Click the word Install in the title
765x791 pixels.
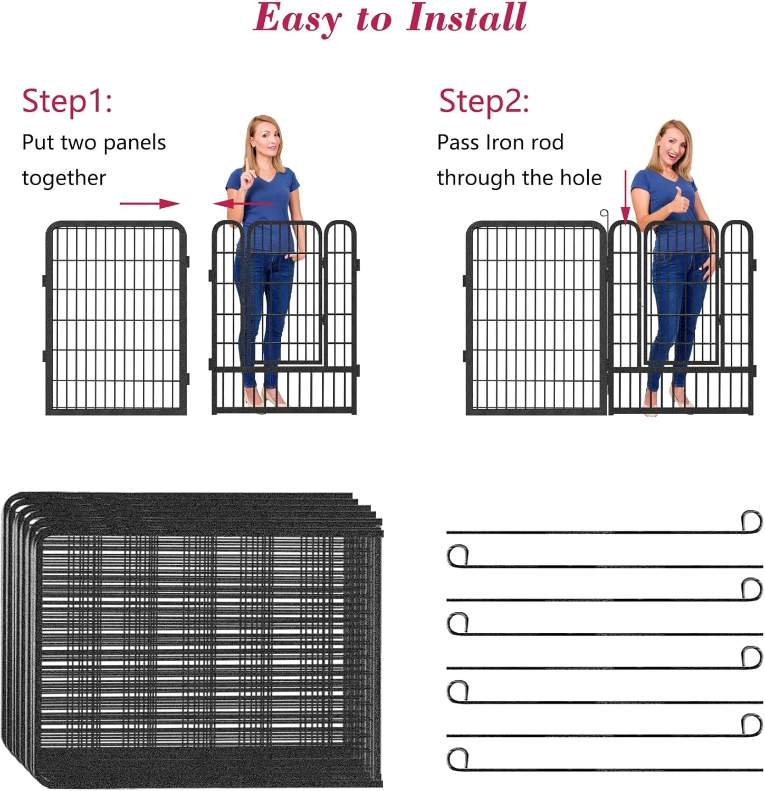(x=466, y=17)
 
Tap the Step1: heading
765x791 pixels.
(x=67, y=101)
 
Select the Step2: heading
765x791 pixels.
(x=484, y=101)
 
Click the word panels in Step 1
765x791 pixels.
(x=135, y=143)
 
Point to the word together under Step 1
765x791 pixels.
(x=64, y=178)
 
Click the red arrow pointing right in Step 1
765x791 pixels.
(x=150, y=204)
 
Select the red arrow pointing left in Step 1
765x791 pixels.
(x=243, y=204)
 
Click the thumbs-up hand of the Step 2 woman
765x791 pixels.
(x=681, y=200)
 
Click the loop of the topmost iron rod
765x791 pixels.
(x=752, y=520)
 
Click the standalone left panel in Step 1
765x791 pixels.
(x=116, y=318)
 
